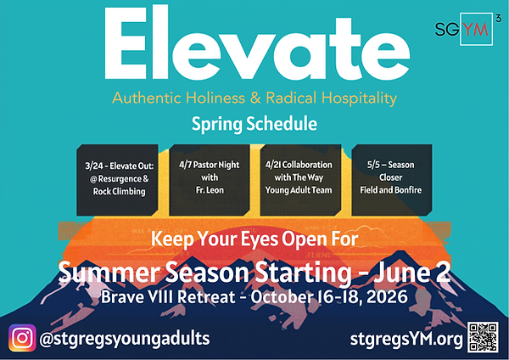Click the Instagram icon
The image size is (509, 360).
(23, 338)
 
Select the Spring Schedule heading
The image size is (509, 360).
(254, 124)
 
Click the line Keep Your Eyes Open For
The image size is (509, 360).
(254, 241)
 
